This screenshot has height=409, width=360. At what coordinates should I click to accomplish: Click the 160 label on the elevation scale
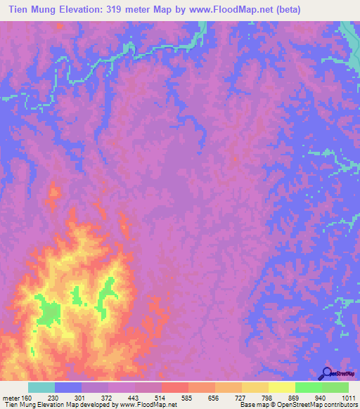click(x=27, y=398)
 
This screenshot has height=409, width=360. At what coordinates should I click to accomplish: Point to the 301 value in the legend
click(x=79, y=398)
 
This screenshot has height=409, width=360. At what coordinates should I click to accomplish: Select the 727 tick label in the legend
click(x=240, y=398)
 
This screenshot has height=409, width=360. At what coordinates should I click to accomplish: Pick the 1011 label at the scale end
click(x=347, y=398)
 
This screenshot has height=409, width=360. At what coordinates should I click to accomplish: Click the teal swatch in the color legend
click(x=41, y=387)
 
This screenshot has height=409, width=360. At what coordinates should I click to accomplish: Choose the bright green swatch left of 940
click(x=308, y=387)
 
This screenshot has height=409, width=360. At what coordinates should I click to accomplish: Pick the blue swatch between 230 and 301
click(x=68, y=387)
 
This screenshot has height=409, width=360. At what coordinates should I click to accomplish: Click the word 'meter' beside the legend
click(x=11, y=398)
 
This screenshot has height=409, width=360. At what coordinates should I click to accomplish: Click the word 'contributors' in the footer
click(x=340, y=405)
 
